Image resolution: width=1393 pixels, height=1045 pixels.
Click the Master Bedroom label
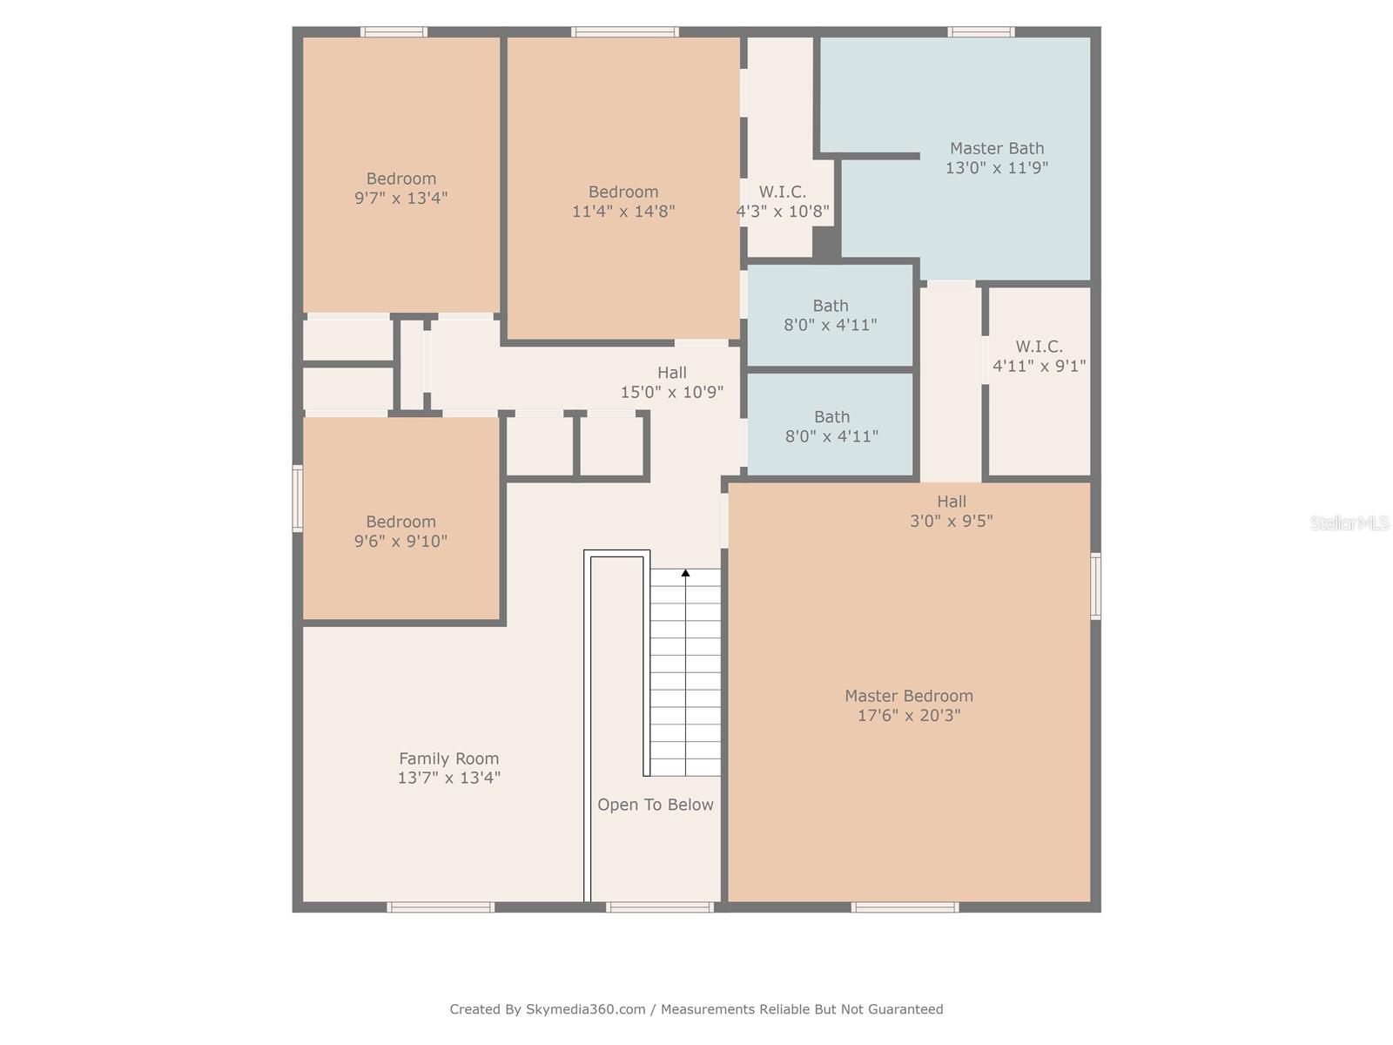[908, 696]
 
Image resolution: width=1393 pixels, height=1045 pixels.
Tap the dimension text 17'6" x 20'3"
[908, 716]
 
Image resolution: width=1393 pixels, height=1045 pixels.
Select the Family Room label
[448, 758]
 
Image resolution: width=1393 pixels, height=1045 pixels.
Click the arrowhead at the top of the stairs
[685, 573]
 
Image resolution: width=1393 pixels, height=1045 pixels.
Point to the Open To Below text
[655, 805]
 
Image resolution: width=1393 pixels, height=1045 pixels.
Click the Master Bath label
[996, 148]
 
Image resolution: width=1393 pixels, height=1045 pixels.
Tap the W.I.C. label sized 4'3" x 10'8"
[782, 192]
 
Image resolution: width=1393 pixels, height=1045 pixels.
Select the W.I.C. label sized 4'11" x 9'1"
[1038, 347]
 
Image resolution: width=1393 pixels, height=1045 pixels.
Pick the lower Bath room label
[831, 417]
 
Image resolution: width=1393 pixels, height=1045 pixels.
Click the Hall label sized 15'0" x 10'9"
[671, 373]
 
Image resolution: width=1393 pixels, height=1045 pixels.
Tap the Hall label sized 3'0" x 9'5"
[951, 502]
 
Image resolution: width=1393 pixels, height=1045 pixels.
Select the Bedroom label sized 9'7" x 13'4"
[400, 179]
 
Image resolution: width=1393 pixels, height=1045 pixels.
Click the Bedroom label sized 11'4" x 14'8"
[622, 192]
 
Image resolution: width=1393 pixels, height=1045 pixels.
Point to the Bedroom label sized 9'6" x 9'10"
[400, 522]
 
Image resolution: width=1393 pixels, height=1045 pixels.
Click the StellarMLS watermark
[1349, 522]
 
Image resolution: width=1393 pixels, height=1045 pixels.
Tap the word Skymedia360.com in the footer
[585, 1009]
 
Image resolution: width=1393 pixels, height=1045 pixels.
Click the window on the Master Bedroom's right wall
[1095, 586]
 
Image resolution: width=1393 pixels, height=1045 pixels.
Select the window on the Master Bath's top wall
[980, 32]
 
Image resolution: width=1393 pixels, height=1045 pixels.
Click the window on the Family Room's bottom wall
[441, 907]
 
